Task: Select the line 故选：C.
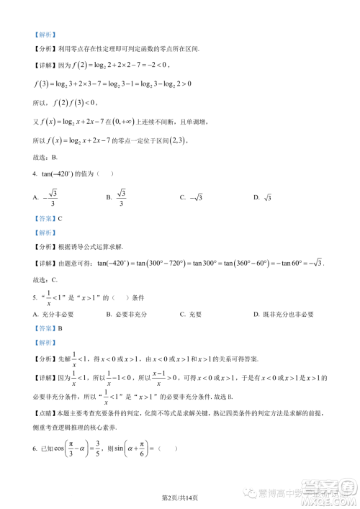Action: point(46,279)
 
